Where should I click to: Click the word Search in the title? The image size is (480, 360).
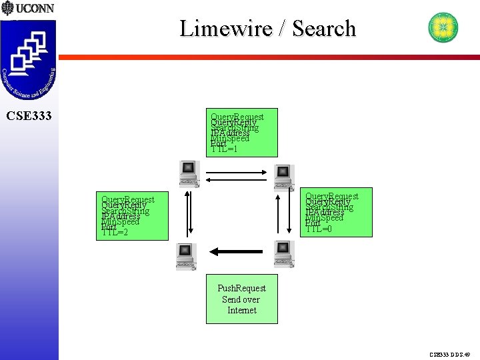click(x=324, y=29)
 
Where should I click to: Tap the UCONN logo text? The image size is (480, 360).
click(x=34, y=9)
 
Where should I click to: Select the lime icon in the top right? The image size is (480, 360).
click(x=443, y=27)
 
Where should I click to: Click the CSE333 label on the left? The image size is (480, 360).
click(x=29, y=117)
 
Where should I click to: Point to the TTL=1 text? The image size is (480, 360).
click(x=224, y=149)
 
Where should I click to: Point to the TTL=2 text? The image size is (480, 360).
click(x=115, y=232)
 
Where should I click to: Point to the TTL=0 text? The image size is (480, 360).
click(x=319, y=229)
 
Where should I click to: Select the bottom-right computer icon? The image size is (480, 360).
click(x=283, y=254)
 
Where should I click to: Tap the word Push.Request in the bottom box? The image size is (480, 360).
click(x=241, y=288)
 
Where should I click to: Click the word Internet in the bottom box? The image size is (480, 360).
click(x=241, y=310)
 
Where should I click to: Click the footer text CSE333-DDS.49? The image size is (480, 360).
click(x=450, y=355)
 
